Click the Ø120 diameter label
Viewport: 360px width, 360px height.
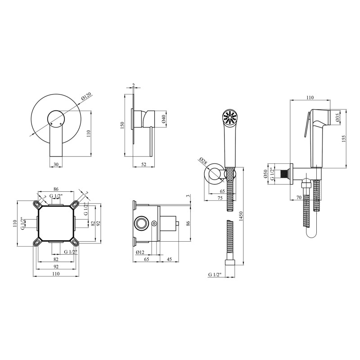(x=86, y=96)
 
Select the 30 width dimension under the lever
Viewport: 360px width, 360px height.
(x=56, y=164)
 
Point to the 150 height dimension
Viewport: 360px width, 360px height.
(x=122, y=125)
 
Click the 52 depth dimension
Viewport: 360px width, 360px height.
(x=144, y=164)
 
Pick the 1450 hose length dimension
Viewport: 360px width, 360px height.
(x=241, y=216)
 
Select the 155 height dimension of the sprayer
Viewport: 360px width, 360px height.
(x=344, y=139)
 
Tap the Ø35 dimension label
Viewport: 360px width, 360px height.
(x=337, y=117)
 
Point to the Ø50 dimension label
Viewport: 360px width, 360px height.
(x=265, y=174)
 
